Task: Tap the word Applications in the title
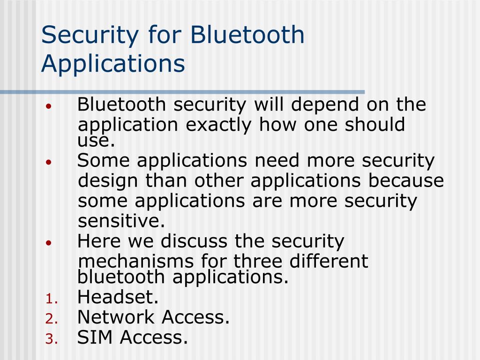coord(113,63)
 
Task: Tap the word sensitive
coord(121,220)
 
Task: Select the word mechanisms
coord(136,261)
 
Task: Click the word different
coord(329,261)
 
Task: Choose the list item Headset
coord(118,297)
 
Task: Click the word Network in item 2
coord(117,317)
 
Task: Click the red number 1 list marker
coord(51,299)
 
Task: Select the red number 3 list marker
coord(51,339)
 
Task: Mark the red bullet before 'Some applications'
coord(49,161)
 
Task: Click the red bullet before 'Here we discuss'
coord(49,242)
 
